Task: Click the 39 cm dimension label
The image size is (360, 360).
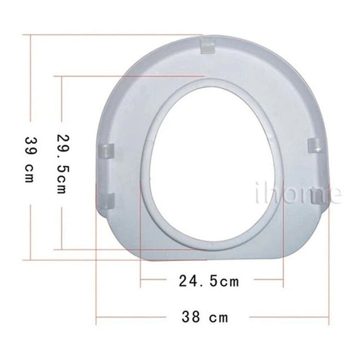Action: pyautogui.click(x=30, y=160)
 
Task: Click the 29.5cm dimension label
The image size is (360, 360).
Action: pyautogui.click(x=62, y=164)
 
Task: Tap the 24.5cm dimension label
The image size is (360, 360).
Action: pyautogui.click(x=209, y=281)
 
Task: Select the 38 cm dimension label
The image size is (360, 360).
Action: pyautogui.click(x=205, y=317)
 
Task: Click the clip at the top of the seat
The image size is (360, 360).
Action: pyautogui.click(x=207, y=47)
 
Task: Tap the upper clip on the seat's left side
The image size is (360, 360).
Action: pyautogui.click(x=106, y=150)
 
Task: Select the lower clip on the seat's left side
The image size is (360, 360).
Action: pyautogui.click(x=107, y=201)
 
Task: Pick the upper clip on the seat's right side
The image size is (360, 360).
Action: pyautogui.click(x=315, y=145)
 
